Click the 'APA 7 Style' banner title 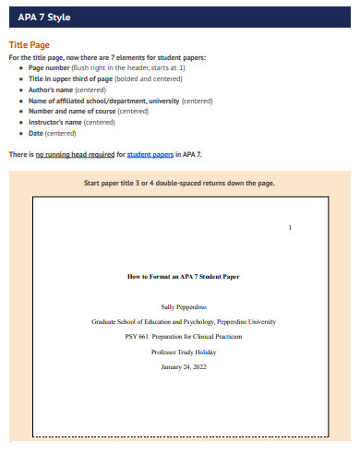[x=44, y=18]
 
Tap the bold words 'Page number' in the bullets [x=49, y=68]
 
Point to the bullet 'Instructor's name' [x=55, y=122]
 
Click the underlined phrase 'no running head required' [x=74, y=153]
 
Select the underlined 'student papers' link [x=150, y=153]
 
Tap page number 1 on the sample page [x=290, y=227]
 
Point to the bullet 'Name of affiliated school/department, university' [x=103, y=101]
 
